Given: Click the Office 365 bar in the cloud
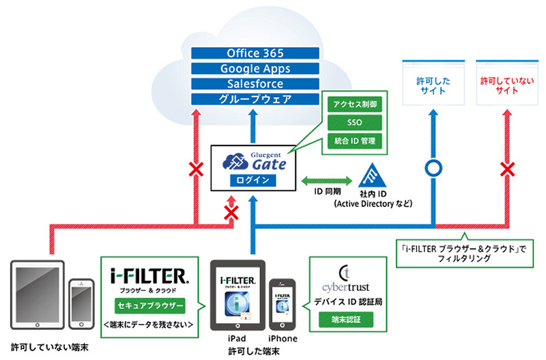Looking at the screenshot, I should click(257, 53).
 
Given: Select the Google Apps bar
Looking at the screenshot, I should click(257, 68).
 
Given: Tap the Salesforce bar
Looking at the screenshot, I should click(257, 83).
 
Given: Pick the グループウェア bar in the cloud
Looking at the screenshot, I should click(257, 99).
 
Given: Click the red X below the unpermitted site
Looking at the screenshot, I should click(506, 167).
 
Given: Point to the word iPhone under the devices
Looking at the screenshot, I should click(283, 338).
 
